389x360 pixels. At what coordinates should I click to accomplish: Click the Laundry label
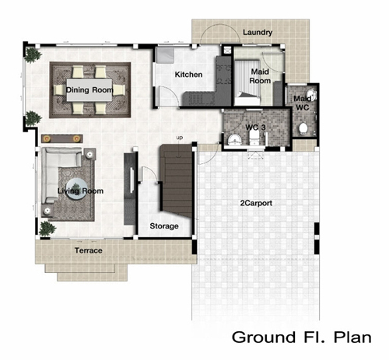tap(258, 33)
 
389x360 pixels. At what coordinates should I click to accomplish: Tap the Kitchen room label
tap(188, 75)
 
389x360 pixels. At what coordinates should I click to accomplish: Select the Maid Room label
tap(260, 76)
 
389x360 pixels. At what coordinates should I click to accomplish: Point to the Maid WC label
tap(303, 103)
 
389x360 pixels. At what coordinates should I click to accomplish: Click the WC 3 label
tap(255, 128)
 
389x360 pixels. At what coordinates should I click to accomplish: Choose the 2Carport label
tap(256, 203)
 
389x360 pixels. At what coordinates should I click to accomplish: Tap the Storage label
tap(164, 226)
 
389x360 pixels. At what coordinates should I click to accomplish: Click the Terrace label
tap(89, 250)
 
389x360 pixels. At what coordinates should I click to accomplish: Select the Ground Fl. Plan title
tap(302, 337)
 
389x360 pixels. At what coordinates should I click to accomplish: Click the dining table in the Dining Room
tap(89, 90)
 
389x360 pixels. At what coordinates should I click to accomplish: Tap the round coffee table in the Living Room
tap(76, 189)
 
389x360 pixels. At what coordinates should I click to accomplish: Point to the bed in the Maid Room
tap(247, 82)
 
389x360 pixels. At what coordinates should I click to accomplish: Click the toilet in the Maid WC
tap(303, 129)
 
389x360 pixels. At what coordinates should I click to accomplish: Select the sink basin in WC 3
tap(235, 140)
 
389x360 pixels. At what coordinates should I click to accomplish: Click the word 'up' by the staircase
tap(180, 138)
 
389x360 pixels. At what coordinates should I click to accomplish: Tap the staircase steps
tap(177, 180)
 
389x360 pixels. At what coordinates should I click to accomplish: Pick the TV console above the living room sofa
tap(62, 138)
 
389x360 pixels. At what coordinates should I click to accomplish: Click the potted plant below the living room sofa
tap(47, 229)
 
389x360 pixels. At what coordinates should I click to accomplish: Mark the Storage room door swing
tap(149, 175)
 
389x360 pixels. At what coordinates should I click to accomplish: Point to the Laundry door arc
tap(219, 26)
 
